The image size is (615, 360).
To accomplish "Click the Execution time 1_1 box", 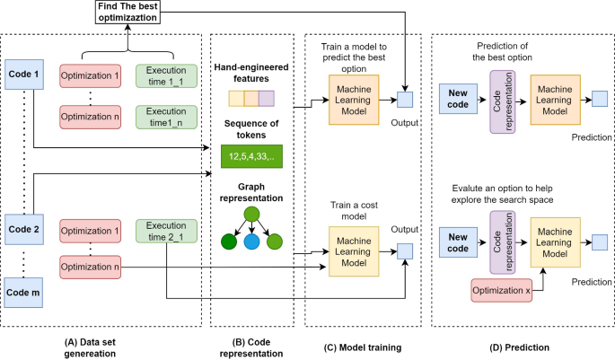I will (168, 76).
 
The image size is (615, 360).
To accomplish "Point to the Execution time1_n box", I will (168, 116).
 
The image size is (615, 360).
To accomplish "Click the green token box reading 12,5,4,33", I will (251, 157).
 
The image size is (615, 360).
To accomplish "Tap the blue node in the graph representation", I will (251, 241).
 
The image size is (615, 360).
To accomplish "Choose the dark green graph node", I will (229, 241).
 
